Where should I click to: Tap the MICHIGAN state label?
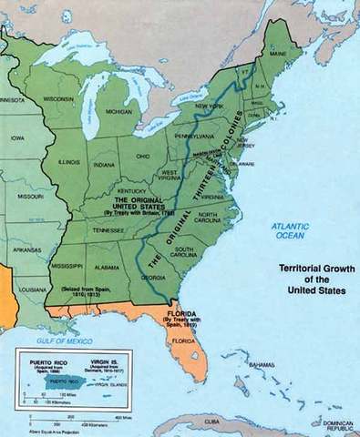119,111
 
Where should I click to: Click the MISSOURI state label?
31,195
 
